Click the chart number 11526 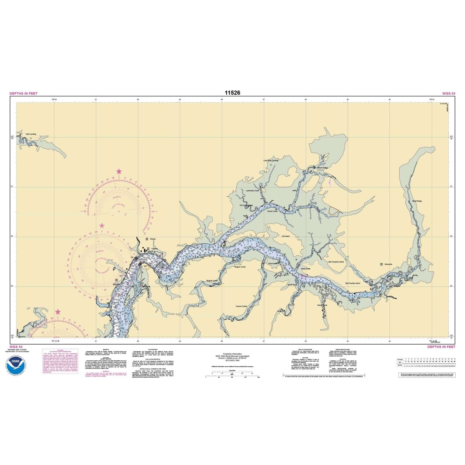(x=232, y=93)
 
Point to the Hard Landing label (x=31, y=134)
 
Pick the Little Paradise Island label (x=336, y=262)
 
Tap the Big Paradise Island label (x=353, y=283)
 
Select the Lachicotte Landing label (x=271, y=160)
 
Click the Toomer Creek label (x=241, y=306)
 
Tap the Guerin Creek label (x=273, y=211)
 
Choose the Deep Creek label (x=306, y=268)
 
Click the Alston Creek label (x=322, y=305)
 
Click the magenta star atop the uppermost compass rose (x=119, y=171)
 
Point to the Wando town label (x=153, y=239)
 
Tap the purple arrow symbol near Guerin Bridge (x=329, y=181)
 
